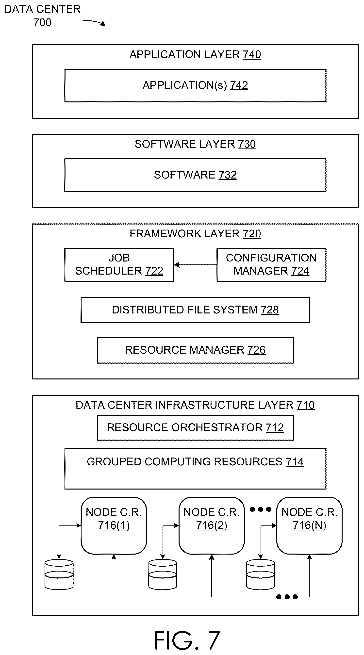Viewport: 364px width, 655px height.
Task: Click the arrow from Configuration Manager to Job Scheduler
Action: (x=195, y=265)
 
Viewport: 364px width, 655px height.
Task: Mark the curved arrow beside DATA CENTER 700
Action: (x=94, y=22)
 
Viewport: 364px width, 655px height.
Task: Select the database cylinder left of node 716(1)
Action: (x=59, y=574)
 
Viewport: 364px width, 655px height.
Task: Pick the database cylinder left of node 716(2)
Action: (x=163, y=574)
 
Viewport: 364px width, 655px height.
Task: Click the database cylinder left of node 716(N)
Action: (x=261, y=574)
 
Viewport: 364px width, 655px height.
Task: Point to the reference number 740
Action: (x=252, y=54)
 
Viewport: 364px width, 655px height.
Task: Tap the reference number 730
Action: (x=247, y=144)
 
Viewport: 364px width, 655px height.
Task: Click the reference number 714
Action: (x=295, y=462)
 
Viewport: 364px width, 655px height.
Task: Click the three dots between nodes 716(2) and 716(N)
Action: (x=261, y=509)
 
